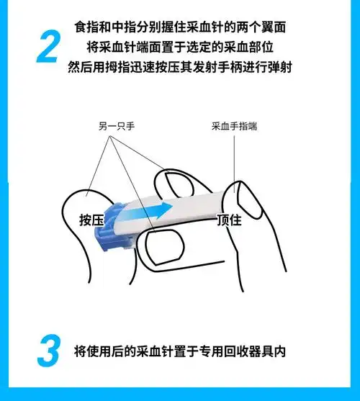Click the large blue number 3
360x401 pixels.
(x=48, y=353)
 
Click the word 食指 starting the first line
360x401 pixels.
(x=84, y=27)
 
